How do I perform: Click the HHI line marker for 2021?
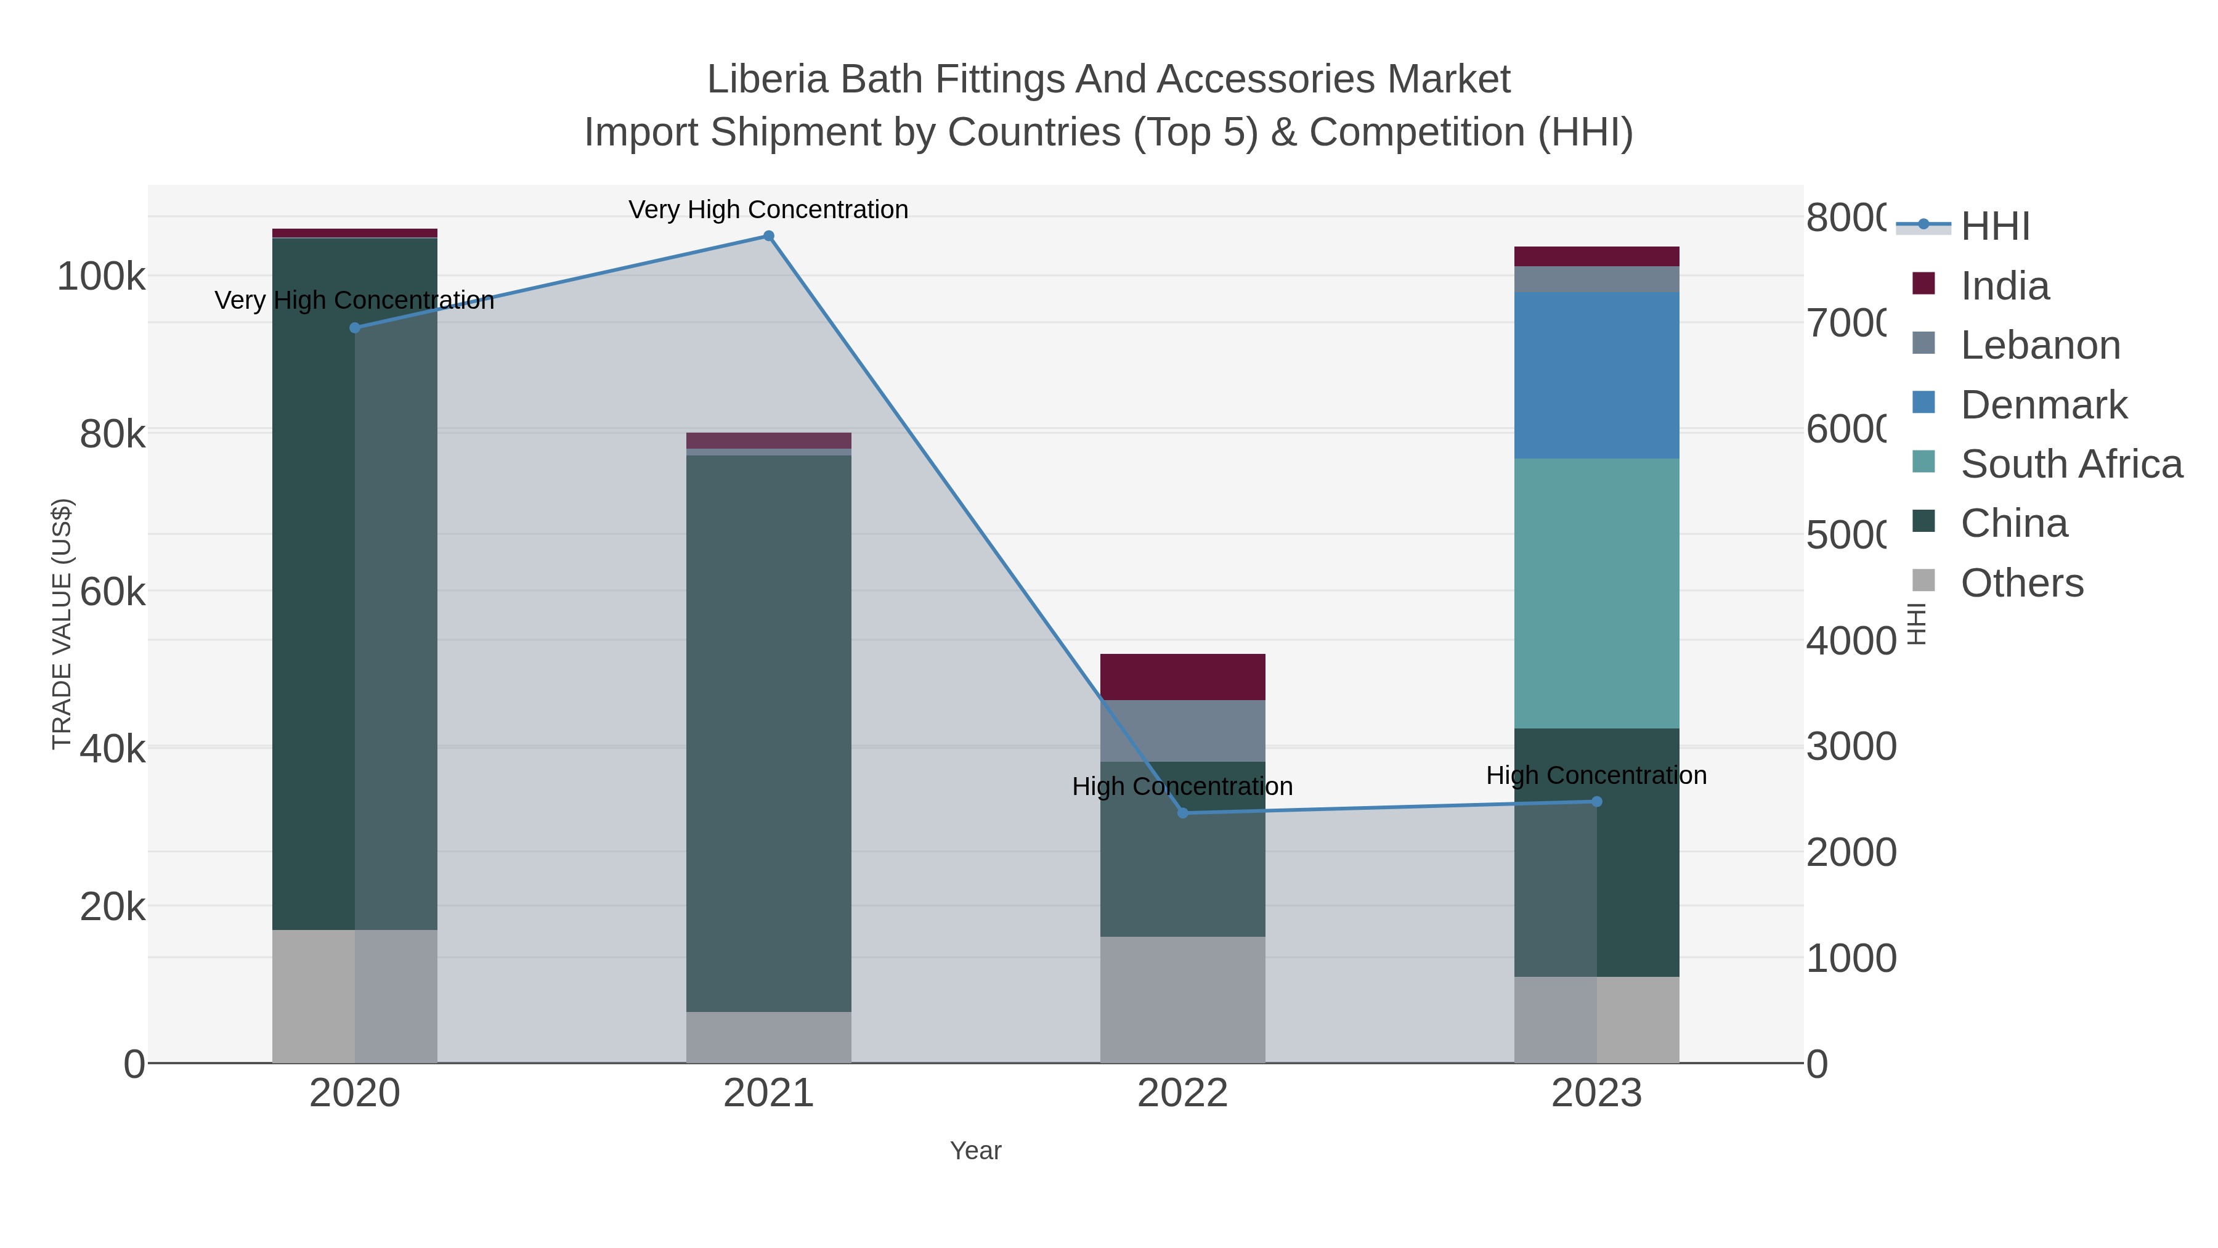(768, 236)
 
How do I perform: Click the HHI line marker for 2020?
(355, 327)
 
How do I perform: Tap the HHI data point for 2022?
(1182, 813)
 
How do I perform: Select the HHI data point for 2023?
(1596, 802)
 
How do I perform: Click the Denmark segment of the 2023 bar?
(1596, 375)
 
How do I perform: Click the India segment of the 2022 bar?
(1182, 677)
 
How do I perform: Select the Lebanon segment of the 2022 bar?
(1182, 730)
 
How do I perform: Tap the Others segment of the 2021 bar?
(768, 1037)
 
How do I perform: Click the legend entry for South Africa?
(2071, 464)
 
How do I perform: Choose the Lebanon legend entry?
(2040, 345)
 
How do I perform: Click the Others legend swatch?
(1923, 581)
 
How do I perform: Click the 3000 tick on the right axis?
(1851, 747)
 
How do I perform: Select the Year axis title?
(975, 1151)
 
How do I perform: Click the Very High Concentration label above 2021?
(768, 210)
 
